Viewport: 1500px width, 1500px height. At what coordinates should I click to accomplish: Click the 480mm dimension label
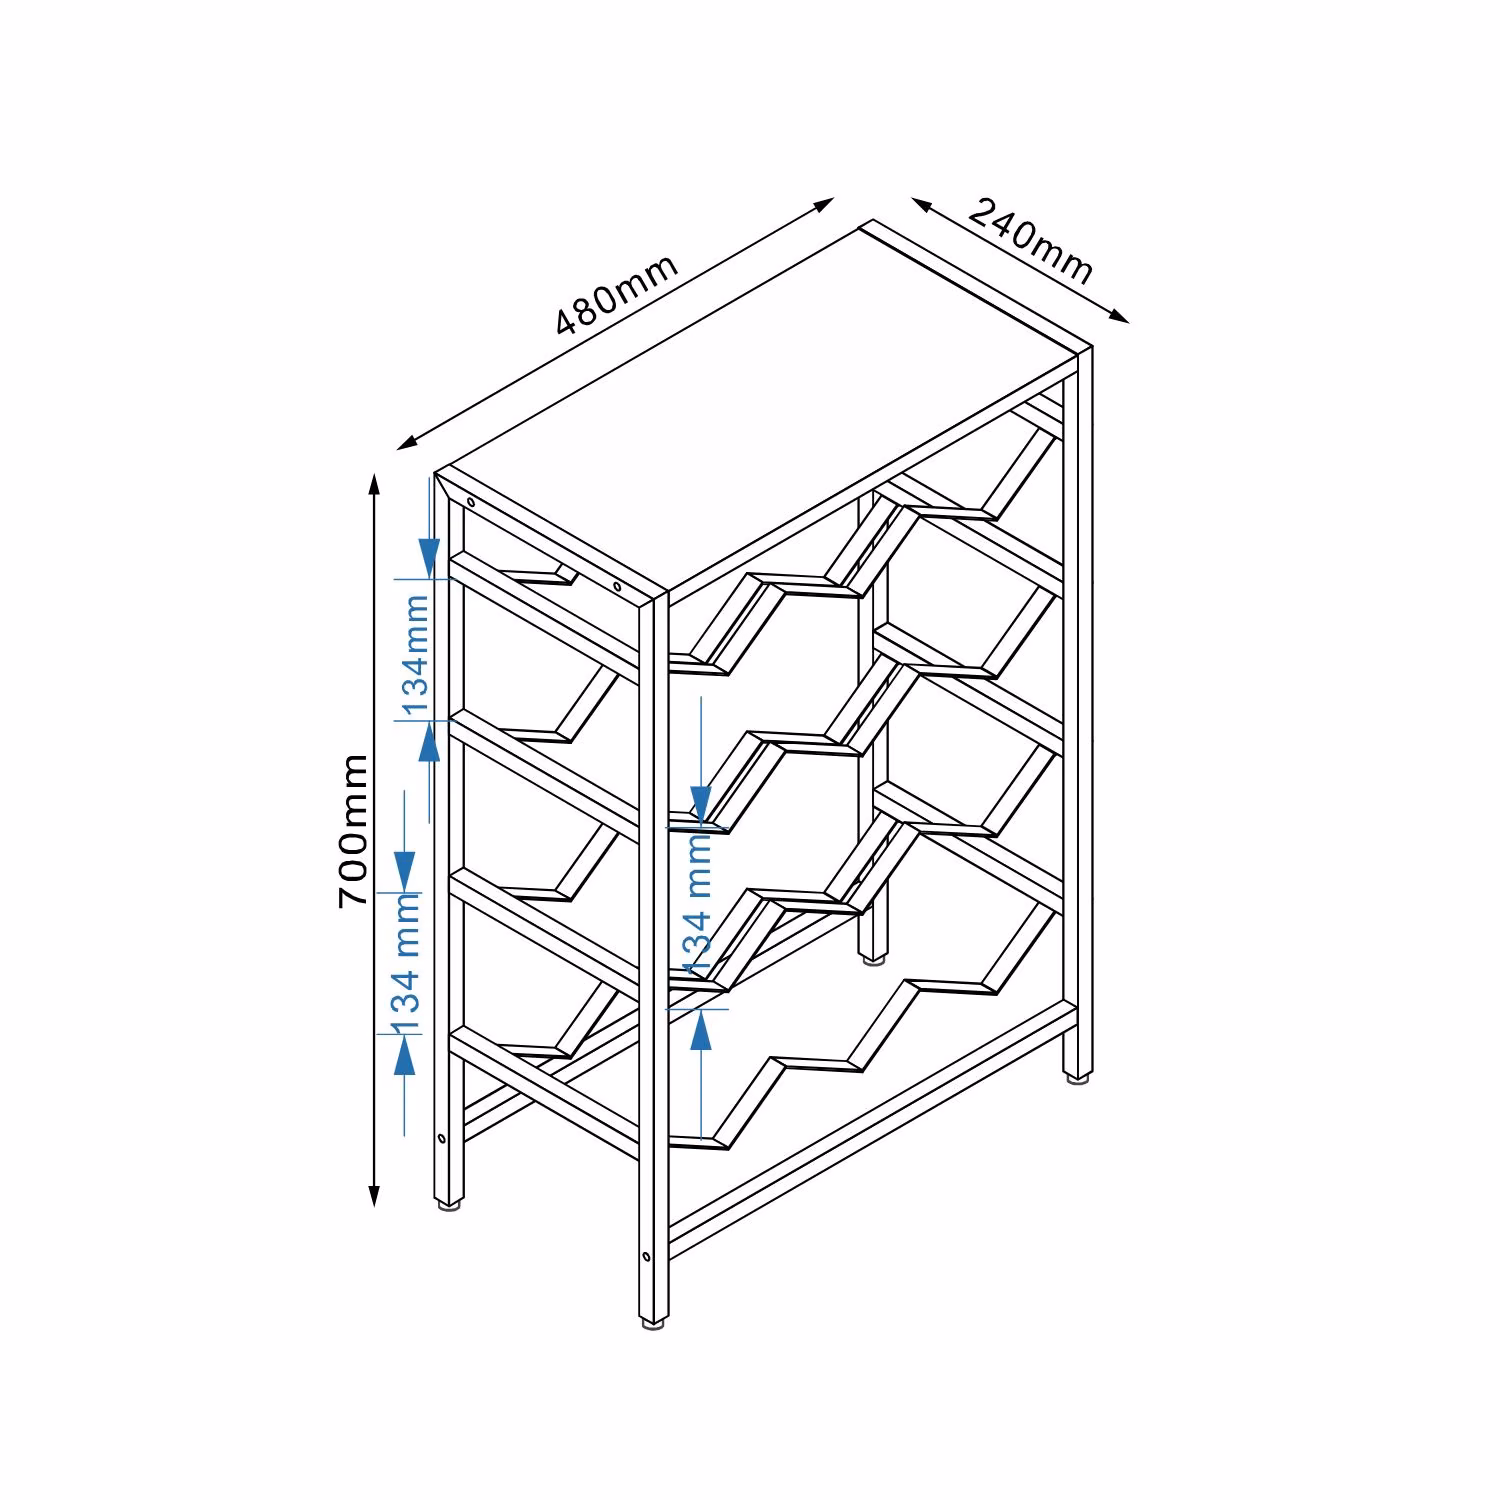point(618,294)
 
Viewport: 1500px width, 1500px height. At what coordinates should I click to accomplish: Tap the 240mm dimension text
point(1030,241)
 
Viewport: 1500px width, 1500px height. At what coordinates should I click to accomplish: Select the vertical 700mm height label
point(354,831)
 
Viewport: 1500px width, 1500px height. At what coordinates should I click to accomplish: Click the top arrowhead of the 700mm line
point(375,485)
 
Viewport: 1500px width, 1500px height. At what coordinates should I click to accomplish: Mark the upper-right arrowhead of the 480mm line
point(822,205)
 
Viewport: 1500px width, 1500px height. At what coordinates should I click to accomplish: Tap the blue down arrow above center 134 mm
point(701,803)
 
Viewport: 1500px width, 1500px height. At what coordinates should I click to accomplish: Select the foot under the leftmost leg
point(448,1205)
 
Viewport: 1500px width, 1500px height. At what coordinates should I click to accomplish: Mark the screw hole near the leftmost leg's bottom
point(441,1137)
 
